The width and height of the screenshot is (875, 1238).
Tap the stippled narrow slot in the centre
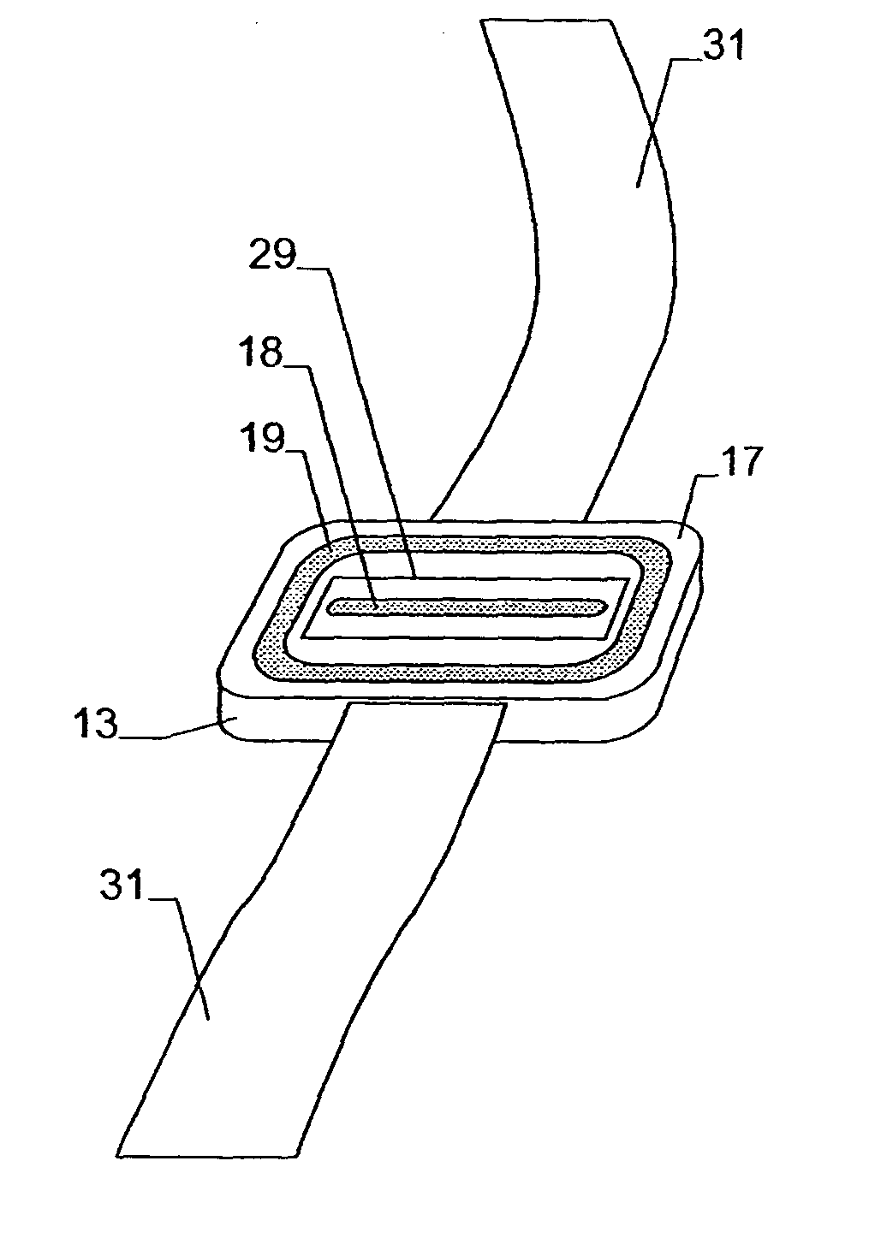(x=467, y=607)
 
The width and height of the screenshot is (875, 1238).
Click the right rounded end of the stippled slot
(x=601, y=606)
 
